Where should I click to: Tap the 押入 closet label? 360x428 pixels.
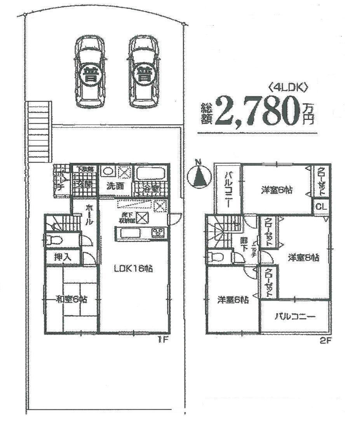[59, 257]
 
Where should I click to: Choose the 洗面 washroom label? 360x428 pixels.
[116, 186]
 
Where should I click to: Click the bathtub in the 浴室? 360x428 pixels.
[150, 172]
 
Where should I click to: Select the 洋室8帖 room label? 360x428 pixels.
[304, 257]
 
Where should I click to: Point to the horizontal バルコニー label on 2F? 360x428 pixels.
[296, 317]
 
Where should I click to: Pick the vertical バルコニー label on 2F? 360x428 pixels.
[228, 189]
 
